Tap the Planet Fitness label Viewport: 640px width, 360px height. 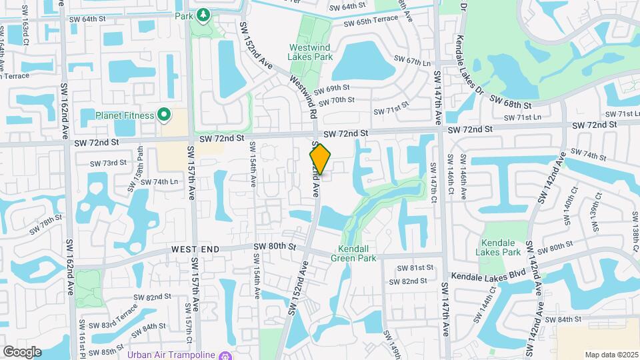(124, 115)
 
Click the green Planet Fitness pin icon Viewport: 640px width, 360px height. (162, 115)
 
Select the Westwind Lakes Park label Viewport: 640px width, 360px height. (310, 52)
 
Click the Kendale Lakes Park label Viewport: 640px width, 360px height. (498, 247)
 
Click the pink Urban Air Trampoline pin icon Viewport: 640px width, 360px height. (225, 354)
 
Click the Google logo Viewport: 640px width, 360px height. (22, 351)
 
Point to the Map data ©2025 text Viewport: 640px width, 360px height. (611, 355)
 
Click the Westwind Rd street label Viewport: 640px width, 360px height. (303, 97)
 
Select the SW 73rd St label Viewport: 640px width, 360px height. (110, 163)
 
